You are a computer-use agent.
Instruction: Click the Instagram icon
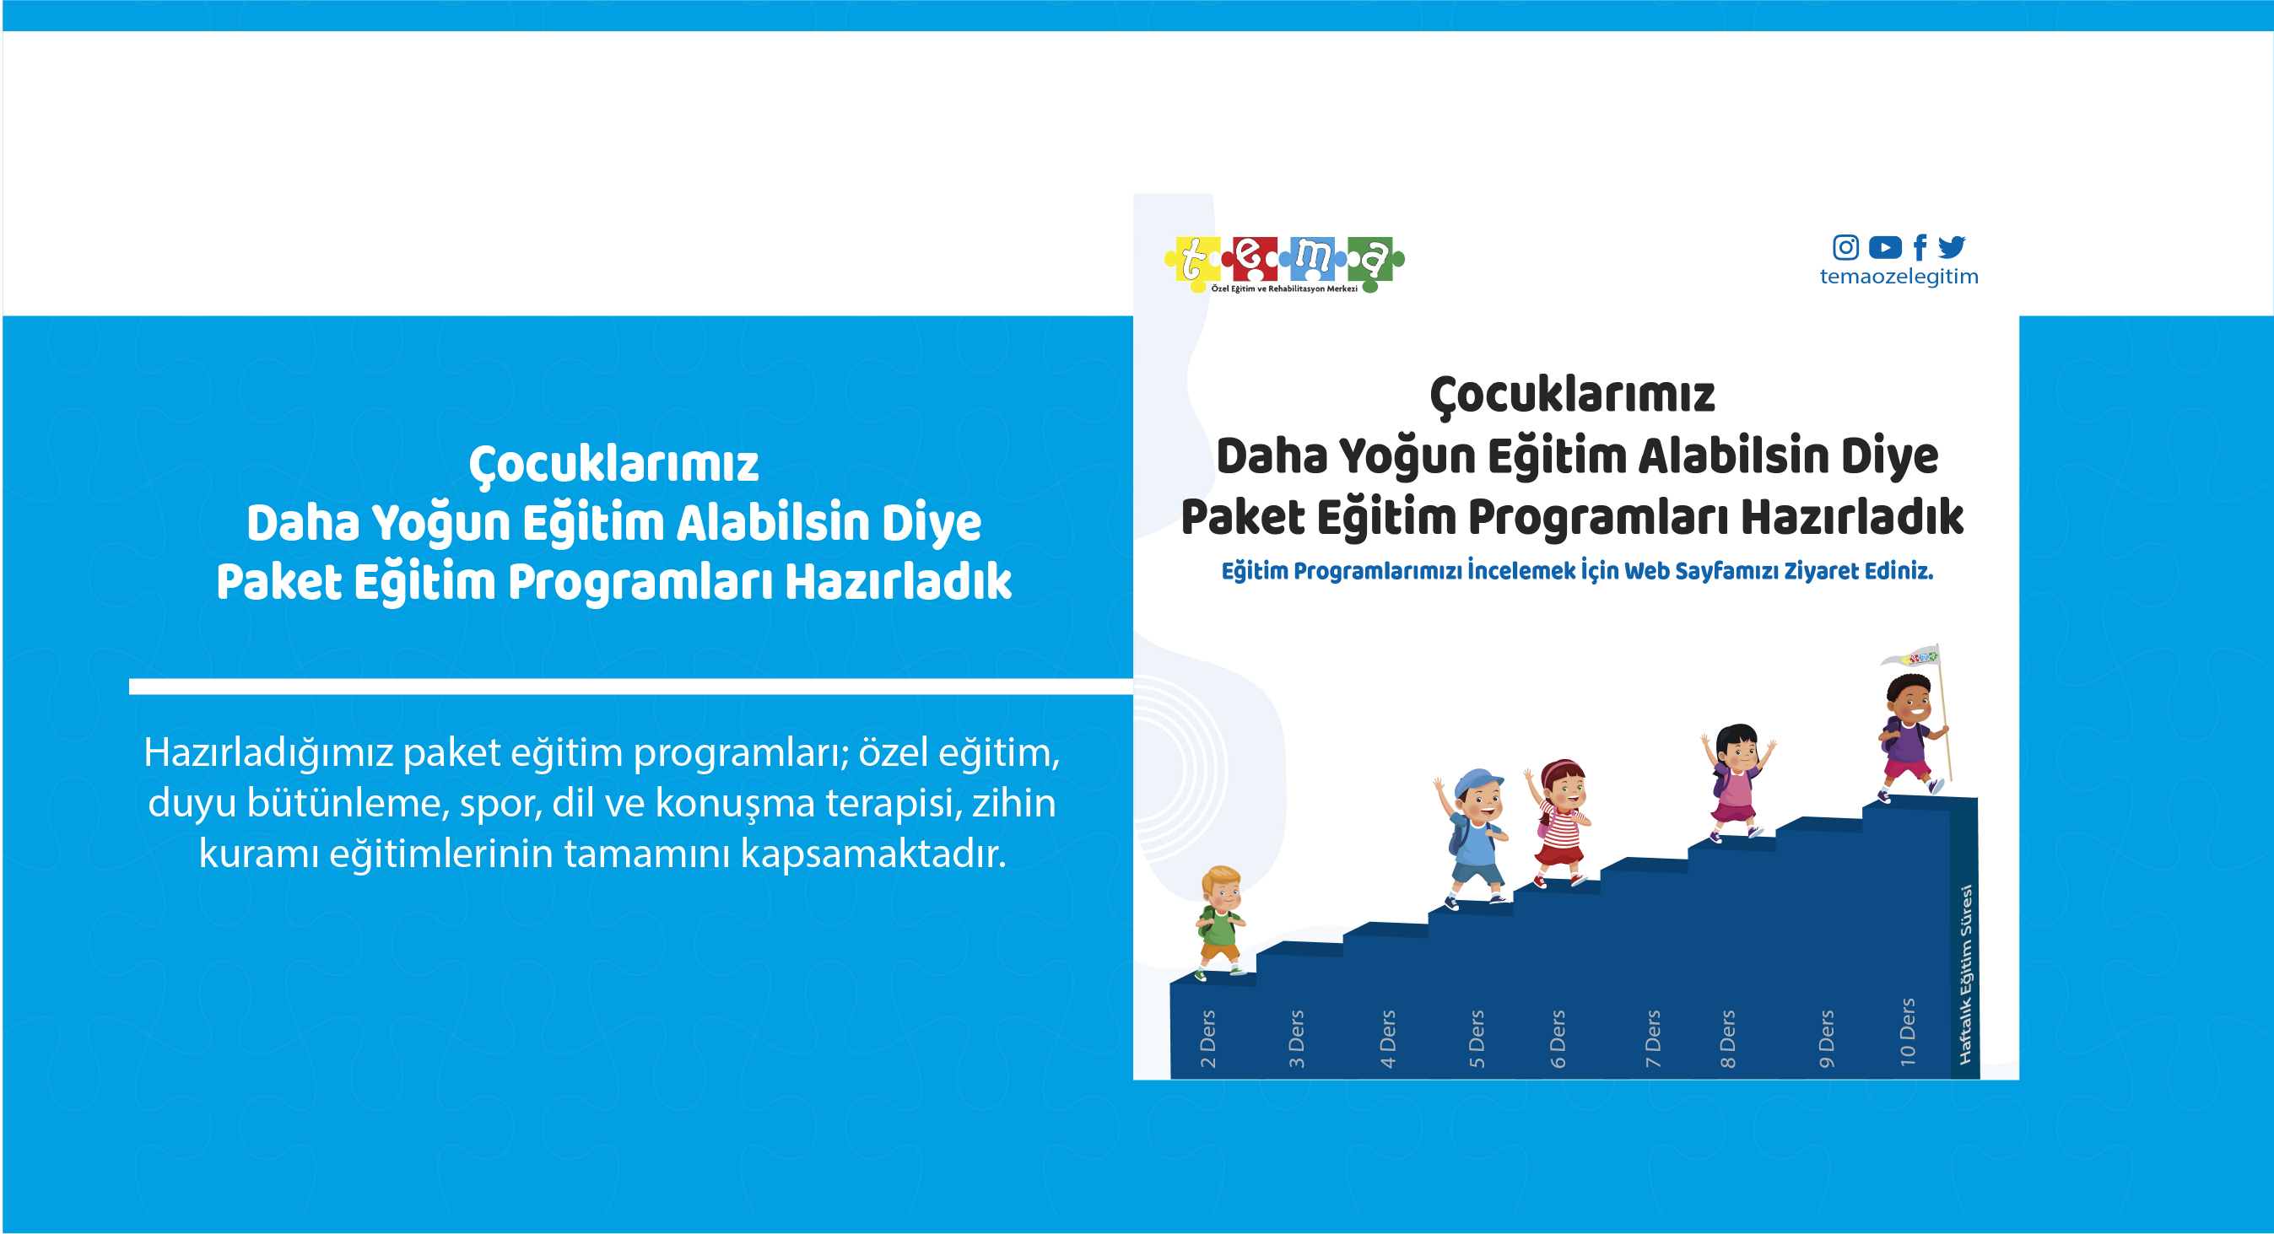coord(1845,247)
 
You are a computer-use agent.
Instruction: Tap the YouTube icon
coord(1885,247)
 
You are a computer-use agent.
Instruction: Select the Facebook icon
coord(1919,247)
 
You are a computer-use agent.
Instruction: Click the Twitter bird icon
coord(1952,246)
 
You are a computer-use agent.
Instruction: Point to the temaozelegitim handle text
coord(1899,277)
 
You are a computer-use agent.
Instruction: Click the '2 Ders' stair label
coord(1207,1039)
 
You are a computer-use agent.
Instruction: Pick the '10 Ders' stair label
coord(1907,1032)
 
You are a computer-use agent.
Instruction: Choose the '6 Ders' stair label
coord(1558,1039)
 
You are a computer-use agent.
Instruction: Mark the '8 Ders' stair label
coord(1727,1039)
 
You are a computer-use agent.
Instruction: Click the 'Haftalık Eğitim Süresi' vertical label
coord(1965,974)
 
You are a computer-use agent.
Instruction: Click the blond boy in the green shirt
coord(1221,923)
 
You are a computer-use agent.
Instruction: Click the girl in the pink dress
coord(1737,782)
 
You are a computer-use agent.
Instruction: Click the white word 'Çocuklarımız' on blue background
coord(613,464)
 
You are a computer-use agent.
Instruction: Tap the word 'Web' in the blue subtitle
coord(1646,571)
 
